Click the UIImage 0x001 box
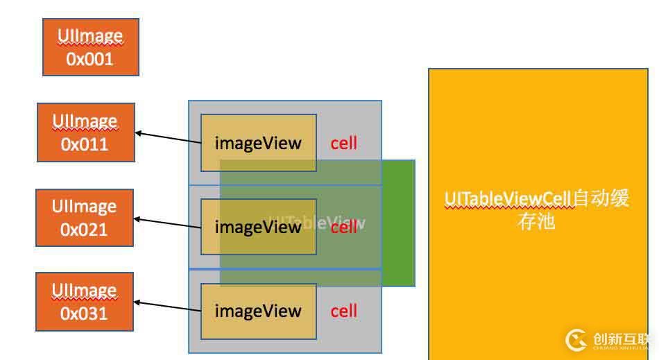click(x=90, y=46)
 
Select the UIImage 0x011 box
click(x=85, y=132)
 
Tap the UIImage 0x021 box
click(x=84, y=217)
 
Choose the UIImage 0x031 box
click(x=84, y=302)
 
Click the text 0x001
click(x=89, y=59)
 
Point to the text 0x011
click(x=85, y=144)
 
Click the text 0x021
click(x=84, y=229)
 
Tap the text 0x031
click(x=84, y=314)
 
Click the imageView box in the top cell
click(x=258, y=143)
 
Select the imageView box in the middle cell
click(x=258, y=227)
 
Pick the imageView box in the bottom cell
click(x=258, y=311)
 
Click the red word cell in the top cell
click(x=344, y=143)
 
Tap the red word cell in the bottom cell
click(x=344, y=311)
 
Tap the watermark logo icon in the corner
click(x=576, y=339)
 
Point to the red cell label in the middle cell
click(x=344, y=227)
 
